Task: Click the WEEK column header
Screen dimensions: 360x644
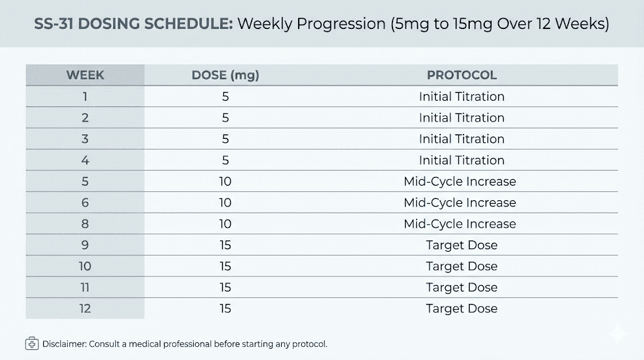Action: (85, 76)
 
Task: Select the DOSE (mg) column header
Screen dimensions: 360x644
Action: (225, 76)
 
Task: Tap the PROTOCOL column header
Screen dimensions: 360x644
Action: (462, 76)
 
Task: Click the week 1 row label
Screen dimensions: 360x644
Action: (85, 97)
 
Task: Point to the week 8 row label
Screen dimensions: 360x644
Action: (85, 224)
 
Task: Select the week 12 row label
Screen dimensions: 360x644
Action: (85, 308)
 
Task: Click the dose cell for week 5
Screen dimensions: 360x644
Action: (225, 182)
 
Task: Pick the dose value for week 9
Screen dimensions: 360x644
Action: (225, 245)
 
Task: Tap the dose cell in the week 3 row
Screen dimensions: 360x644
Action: (225, 139)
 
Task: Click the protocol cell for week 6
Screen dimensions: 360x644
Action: (460, 203)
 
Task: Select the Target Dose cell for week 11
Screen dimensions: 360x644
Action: (462, 288)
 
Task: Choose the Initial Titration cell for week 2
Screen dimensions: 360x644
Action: (462, 118)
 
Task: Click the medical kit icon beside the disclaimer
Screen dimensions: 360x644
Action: (31, 344)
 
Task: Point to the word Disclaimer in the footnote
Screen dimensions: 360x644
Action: (65, 344)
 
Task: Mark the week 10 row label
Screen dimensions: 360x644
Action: (85, 266)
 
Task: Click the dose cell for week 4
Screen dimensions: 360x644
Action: (225, 160)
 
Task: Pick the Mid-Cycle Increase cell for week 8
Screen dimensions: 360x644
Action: (460, 224)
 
